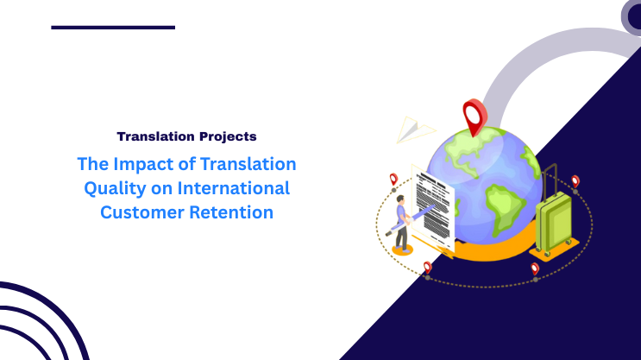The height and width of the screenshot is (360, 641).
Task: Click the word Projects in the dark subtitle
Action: (224, 136)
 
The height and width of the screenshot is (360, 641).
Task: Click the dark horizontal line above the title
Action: (113, 28)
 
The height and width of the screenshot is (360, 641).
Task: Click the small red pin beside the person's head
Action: (394, 180)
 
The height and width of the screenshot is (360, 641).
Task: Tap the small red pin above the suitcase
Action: (575, 182)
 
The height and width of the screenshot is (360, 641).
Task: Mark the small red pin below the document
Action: (427, 268)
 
